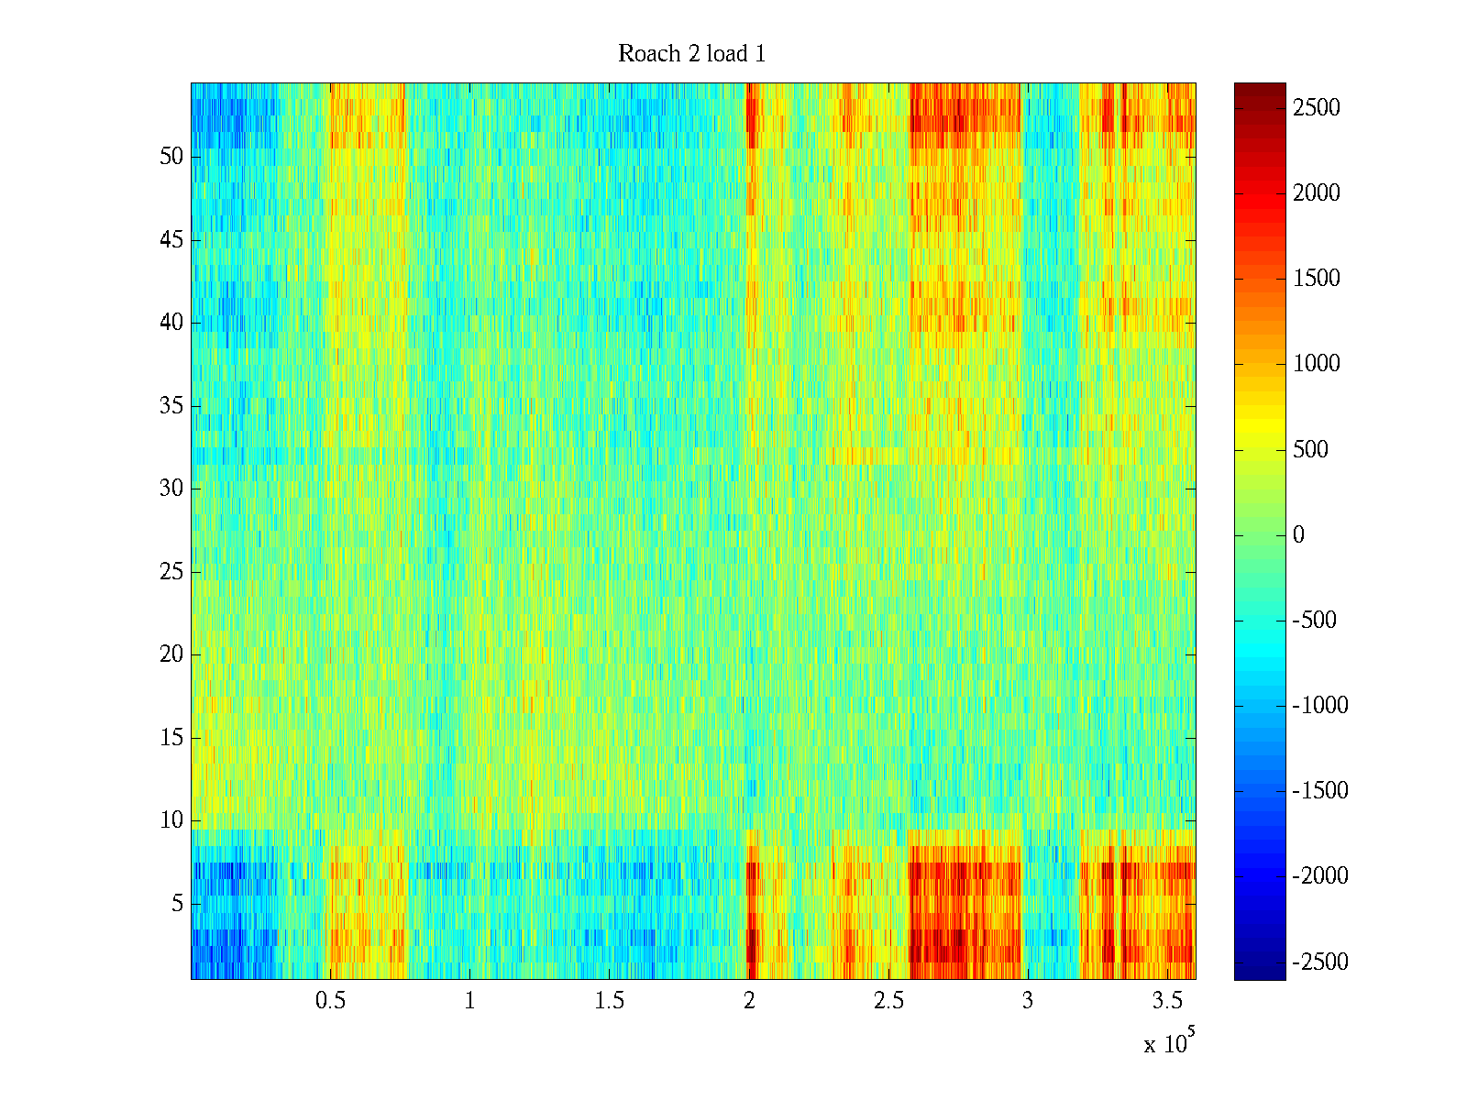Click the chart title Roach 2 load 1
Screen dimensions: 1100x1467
691,54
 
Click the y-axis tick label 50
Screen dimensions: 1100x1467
171,157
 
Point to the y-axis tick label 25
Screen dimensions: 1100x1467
171,572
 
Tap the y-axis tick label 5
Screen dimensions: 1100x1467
177,904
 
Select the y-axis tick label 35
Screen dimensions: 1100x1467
171,406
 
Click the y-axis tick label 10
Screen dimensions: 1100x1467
171,820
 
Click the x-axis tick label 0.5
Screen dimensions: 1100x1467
330,1000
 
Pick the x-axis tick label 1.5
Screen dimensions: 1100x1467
610,1000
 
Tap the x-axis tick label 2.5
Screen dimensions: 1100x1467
888,1000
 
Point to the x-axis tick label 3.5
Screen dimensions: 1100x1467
1167,1000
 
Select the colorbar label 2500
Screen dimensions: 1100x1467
1317,108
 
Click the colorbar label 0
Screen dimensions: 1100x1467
1298,535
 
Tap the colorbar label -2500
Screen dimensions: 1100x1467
1320,962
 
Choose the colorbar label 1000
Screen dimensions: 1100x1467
1317,364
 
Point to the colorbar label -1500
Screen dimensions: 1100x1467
1320,791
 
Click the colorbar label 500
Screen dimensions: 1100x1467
1311,449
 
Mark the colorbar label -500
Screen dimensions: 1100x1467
1315,621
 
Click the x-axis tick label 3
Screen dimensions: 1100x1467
1028,1000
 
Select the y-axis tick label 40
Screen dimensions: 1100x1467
171,323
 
